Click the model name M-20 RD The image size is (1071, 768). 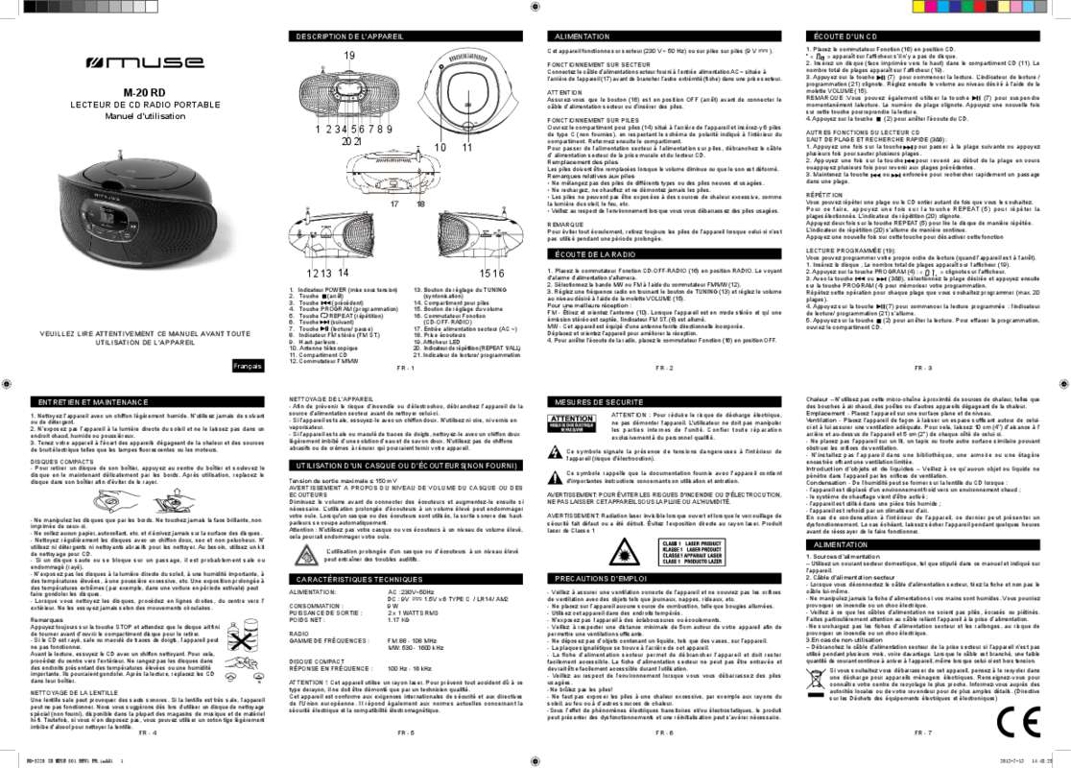tap(143, 92)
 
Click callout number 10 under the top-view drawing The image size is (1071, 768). tap(440, 147)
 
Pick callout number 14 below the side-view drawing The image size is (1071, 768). tap(344, 274)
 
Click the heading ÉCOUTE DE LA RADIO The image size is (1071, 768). tap(595, 253)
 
